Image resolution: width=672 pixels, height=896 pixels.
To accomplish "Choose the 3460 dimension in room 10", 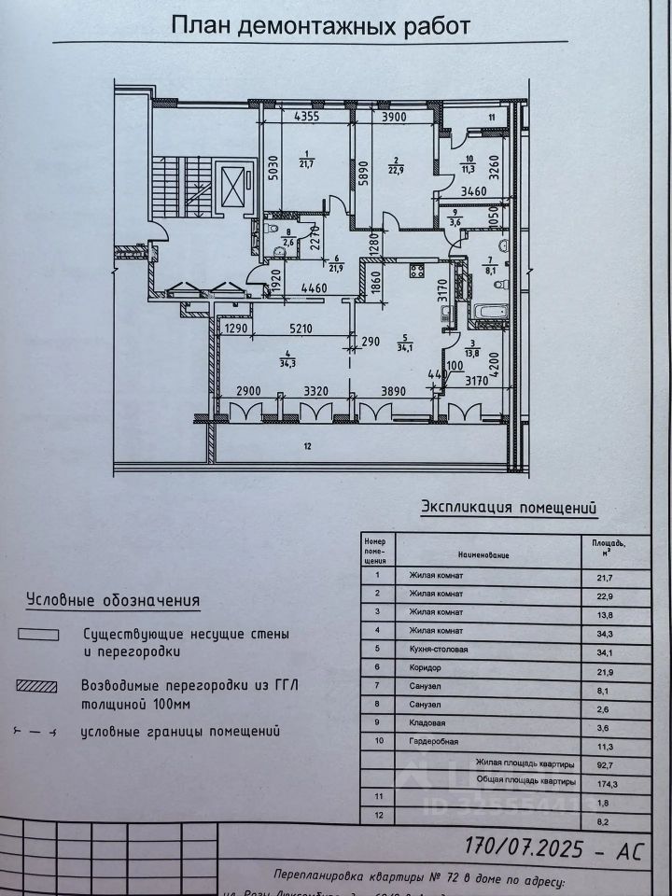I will tap(476, 190).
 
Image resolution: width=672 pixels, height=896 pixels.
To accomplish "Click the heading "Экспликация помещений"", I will tap(510, 508).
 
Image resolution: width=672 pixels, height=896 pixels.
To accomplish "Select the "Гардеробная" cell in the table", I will tap(431, 744).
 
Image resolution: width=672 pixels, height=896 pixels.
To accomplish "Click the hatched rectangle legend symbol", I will tap(38, 686).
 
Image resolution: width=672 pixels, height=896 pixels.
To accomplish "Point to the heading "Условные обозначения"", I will tap(113, 599).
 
